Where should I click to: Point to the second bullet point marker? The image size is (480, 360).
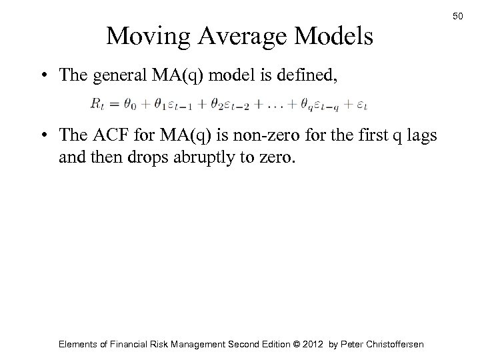(43, 137)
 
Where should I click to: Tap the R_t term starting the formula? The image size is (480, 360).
(96, 105)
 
